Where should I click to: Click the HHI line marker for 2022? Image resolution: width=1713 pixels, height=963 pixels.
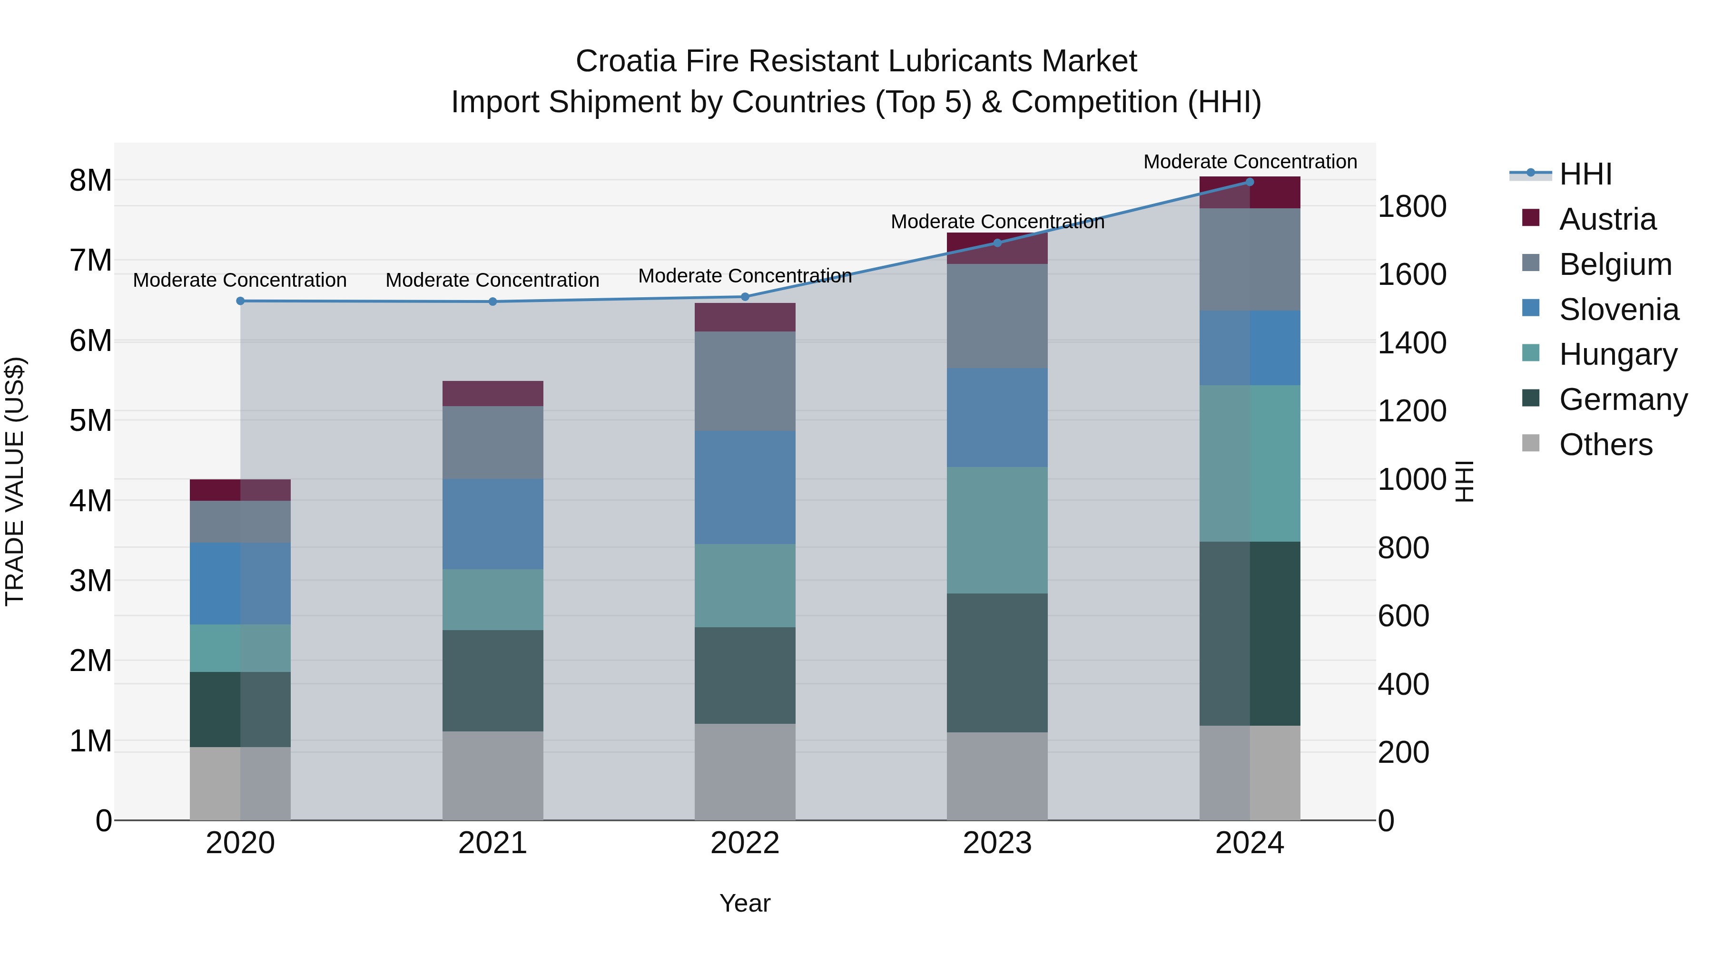point(745,297)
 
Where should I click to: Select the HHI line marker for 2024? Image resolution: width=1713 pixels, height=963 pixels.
point(1250,182)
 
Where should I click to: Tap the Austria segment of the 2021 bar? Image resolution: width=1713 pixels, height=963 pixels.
point(493,393)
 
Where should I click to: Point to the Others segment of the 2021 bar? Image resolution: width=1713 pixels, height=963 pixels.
point(493,776)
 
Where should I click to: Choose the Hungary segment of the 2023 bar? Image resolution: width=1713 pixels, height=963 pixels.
point(997,530)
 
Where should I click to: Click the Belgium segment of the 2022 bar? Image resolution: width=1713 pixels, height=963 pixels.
point(745,381)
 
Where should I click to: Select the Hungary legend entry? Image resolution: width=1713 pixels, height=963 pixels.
point(1618,354)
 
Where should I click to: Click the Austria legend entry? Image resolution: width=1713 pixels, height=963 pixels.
point(1607,219)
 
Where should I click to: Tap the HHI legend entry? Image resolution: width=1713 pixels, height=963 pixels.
point(1585,174)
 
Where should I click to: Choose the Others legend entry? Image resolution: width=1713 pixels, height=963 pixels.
point(1605,445)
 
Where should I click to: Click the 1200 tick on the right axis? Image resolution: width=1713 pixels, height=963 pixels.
point(1411,411)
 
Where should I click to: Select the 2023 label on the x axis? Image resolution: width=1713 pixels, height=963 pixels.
point(997,843)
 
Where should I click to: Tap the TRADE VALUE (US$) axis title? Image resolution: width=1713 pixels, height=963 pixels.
point(15,481)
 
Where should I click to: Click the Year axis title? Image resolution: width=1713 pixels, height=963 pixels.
point(745,903)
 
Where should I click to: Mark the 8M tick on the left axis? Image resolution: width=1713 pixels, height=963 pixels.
point(91,180)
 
